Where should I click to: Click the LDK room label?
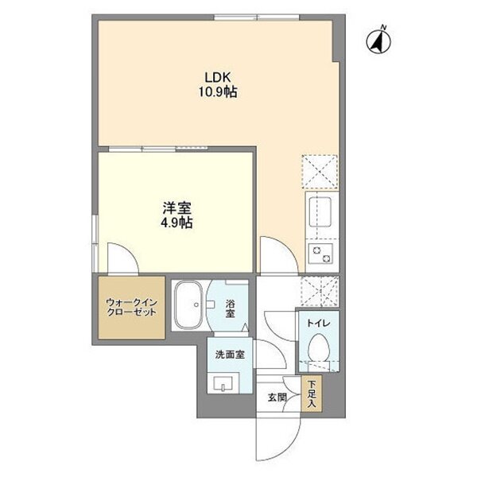218,78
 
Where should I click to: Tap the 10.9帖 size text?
218,91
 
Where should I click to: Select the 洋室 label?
176,208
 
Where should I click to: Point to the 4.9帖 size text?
176,223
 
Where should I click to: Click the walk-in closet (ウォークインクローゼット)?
131,308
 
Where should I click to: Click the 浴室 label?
230,308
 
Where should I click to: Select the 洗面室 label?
230,355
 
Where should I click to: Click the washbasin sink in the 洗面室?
223,384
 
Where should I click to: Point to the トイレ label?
319,323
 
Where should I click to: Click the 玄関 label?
277,397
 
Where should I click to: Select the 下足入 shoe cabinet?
312,394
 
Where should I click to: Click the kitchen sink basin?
320,211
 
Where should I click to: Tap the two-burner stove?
321,254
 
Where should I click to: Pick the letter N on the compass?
384,28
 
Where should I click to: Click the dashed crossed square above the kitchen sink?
320,172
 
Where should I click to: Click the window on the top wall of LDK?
257,17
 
